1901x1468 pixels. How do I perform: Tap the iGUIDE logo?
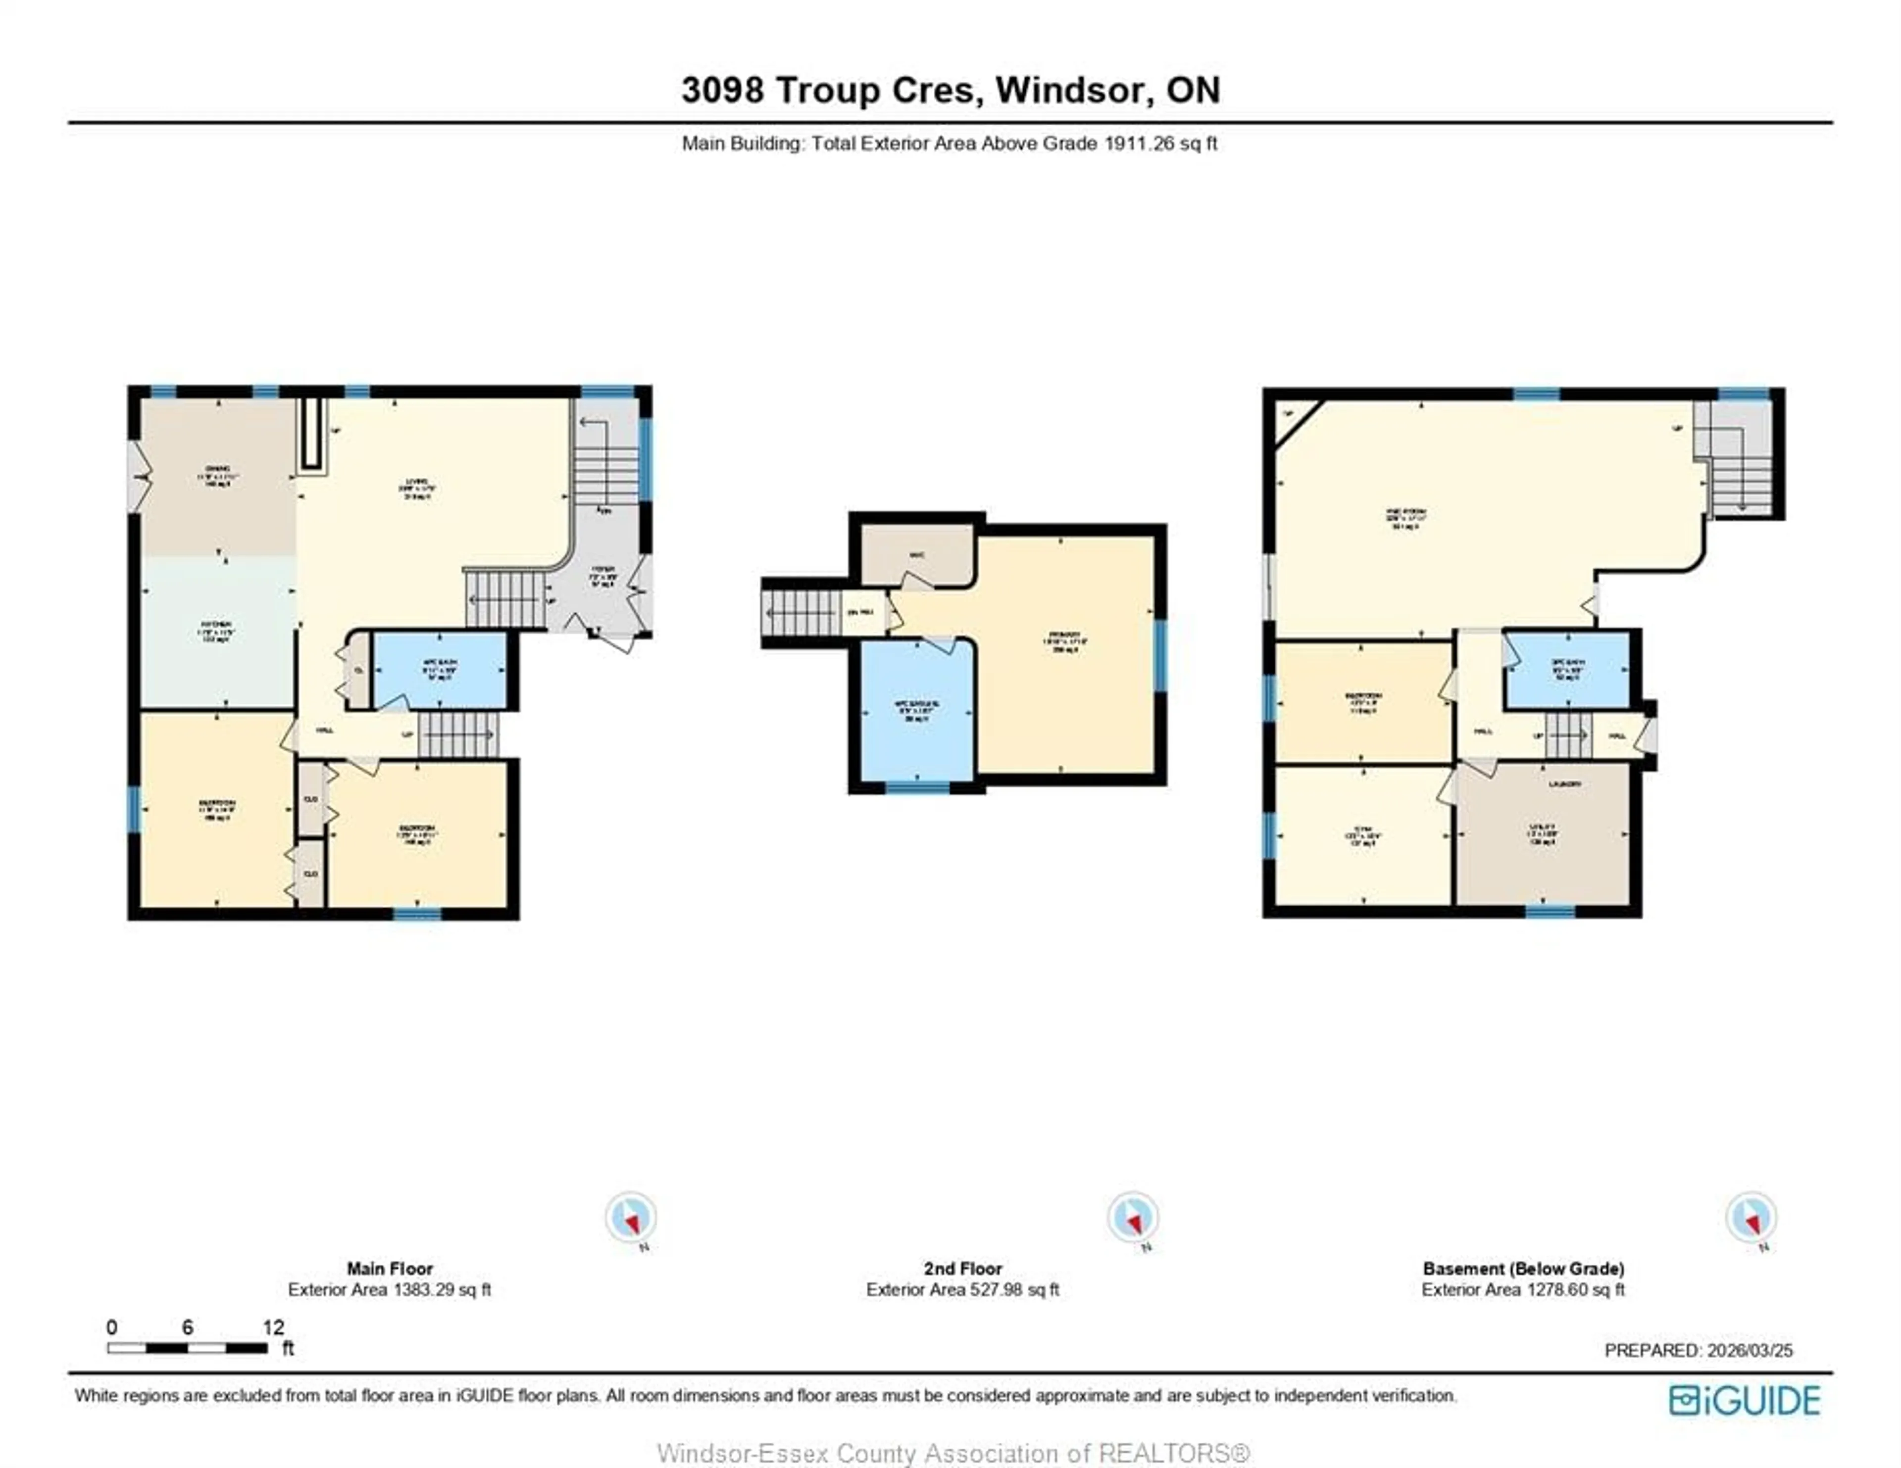[x=1745, y=1400]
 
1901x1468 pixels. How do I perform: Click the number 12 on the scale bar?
[x=273, y=1327]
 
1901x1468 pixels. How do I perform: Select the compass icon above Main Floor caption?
[x=631, y=1217]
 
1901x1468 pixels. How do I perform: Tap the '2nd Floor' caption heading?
[x=963, y=1269]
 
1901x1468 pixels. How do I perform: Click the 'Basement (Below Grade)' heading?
[x=1523, y=1269]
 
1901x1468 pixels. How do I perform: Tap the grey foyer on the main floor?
[x=603, y=579]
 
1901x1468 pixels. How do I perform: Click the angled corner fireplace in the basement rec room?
[x=1295, y=419]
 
